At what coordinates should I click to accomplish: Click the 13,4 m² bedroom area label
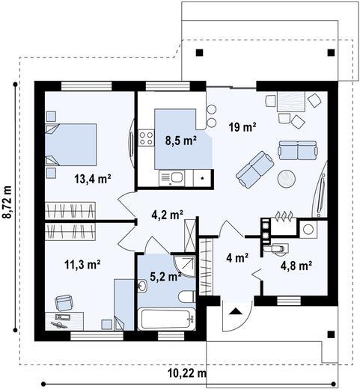click(93, 179)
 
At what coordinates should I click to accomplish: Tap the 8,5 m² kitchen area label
click(180, 141)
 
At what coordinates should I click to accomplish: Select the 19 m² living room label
click(242, 127)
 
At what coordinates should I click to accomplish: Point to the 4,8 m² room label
click(296, 266)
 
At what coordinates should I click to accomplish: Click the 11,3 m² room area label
click(82, 264)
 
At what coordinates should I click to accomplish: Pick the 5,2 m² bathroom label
click(165, 276)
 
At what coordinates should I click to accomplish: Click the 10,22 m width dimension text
click(187, 373)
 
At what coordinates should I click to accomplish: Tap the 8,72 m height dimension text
click(7, 202)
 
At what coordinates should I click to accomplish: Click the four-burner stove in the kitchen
click(146, 138)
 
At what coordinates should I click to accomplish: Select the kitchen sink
click(172, 177)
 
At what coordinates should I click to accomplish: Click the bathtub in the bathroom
click(167, 319)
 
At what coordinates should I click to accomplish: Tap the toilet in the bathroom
click(187, 297)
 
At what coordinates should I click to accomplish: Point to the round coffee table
click(287, 179)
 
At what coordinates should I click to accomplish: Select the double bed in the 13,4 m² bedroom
click(70, 144)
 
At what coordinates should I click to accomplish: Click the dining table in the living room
click(291, 102)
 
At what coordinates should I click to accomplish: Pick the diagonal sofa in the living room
click(254, 169)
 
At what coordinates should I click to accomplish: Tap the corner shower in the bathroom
click(185, 266)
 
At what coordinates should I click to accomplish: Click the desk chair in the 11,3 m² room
click(64, 303)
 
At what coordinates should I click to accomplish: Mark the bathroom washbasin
click(142, 286)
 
